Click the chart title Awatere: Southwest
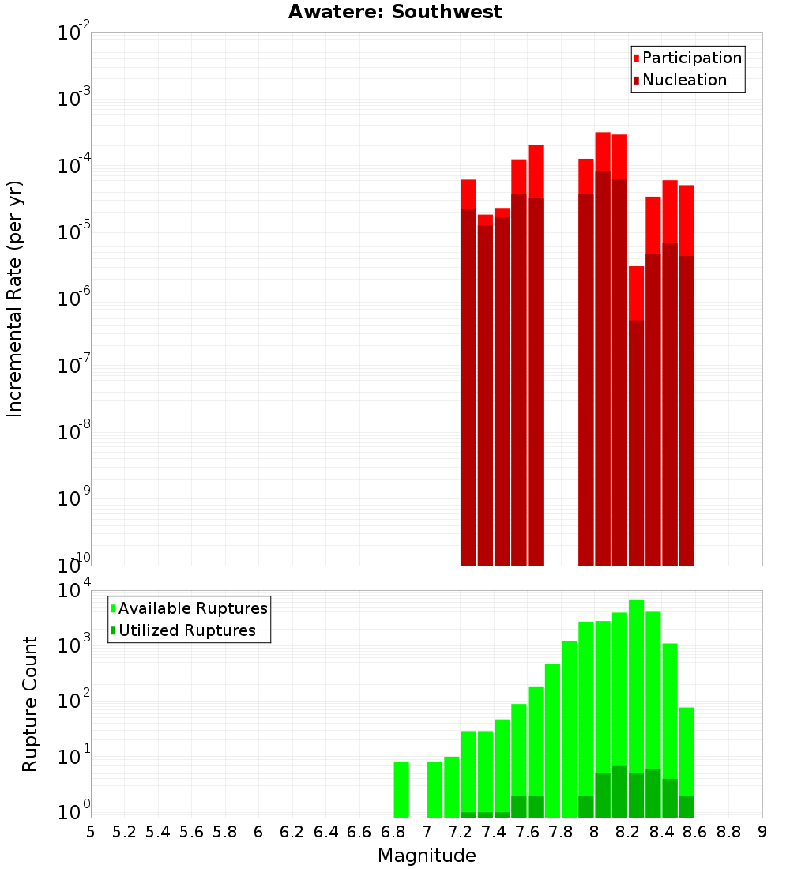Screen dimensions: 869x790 [395, 12]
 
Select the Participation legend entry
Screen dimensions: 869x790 [691, 58]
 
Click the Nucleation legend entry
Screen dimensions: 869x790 [683, 80]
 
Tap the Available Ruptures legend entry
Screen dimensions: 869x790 [192, 608]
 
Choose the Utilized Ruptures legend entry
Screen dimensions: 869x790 [186, 630]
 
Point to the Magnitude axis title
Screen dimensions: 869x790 [427, 856]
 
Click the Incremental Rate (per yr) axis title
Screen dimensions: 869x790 [15, 299]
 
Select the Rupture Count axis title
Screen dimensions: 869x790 [30, 703]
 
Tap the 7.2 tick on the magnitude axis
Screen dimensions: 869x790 [460, 832]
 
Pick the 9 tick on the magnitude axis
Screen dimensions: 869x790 [762, 832]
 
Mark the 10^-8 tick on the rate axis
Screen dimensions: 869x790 [73, 433]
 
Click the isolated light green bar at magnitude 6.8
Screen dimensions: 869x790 [401, 790]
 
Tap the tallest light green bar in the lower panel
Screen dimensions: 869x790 [637, 711]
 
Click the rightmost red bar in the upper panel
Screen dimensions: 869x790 [687, 379]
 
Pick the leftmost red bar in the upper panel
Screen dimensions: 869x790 [468, 379]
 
